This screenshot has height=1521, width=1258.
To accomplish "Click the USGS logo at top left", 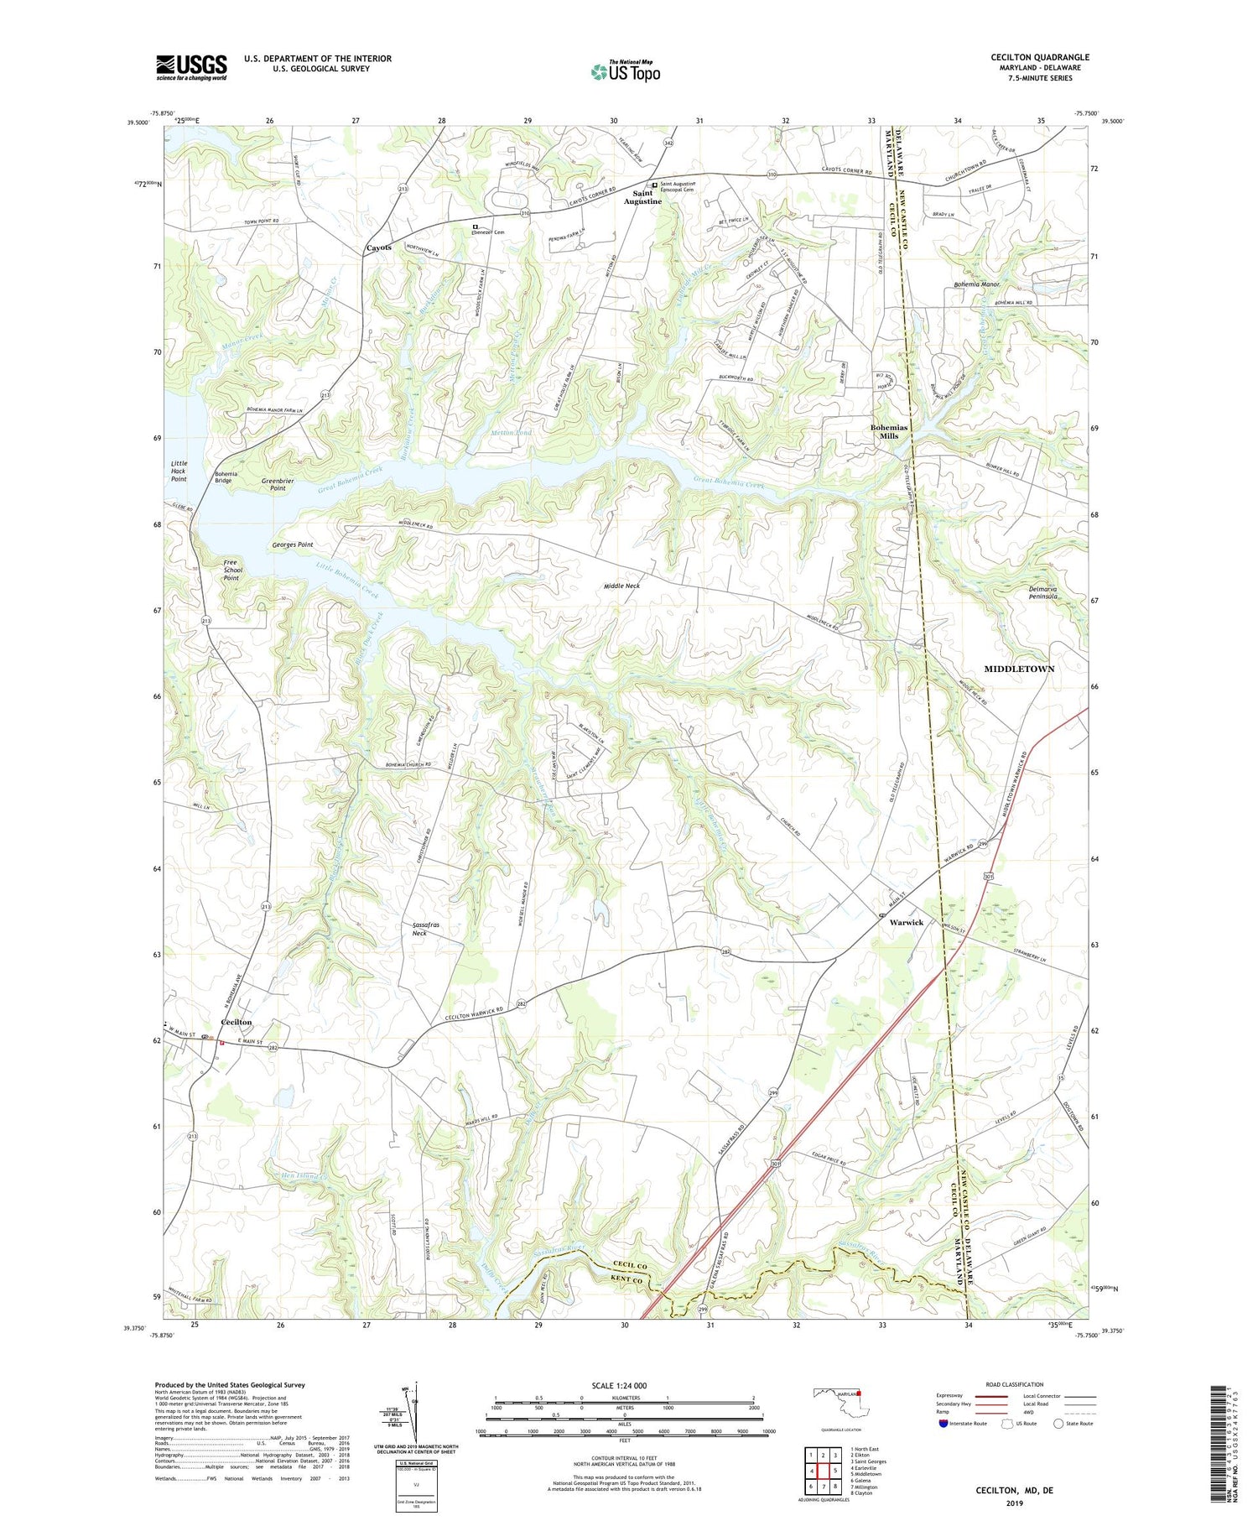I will (x=191, y=67).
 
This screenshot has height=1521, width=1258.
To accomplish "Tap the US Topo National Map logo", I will (x=625, y=71).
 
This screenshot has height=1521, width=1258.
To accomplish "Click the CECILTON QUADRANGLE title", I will (x=1039, y=57).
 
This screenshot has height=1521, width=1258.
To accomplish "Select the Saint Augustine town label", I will (x=642, y=198).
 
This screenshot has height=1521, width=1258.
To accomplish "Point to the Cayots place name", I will (x=378, y=248).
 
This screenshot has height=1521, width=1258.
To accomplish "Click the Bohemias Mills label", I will (x=889, y=432).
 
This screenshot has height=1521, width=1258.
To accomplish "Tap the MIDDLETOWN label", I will (x=1019, y=669).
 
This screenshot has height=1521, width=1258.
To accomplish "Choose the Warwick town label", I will (x=906, y=922).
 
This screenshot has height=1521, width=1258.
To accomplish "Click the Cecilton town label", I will (x=237, y=1023).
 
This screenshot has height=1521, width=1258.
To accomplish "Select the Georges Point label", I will (x=293, y=545).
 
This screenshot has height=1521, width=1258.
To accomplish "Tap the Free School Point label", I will (x=231, y=570).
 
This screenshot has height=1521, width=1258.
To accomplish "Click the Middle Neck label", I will (x=621, y=586).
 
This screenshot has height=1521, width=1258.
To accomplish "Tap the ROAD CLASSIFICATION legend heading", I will (x=1014, y=1384).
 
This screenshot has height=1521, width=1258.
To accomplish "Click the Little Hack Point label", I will (x=179, y=471).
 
